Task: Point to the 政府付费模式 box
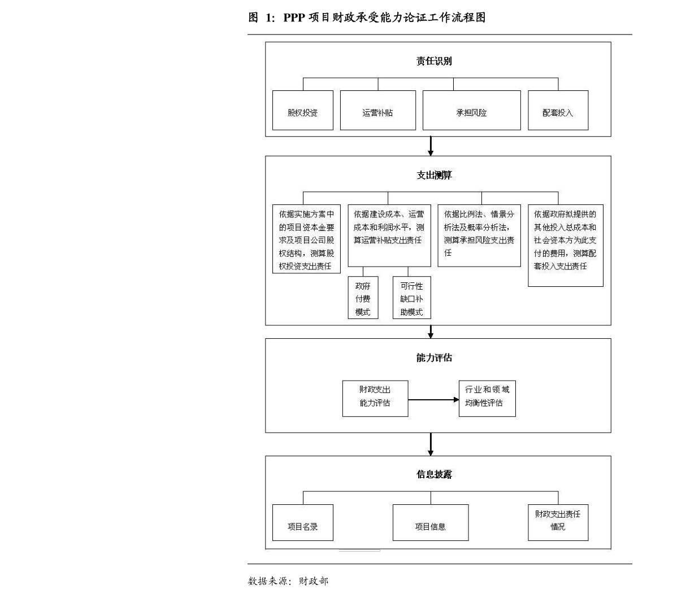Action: pos(363,296)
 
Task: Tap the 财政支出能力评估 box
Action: pos(375,399)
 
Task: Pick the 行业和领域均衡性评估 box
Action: pos(487,398)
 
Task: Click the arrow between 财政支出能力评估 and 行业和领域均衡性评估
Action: pos(433,399)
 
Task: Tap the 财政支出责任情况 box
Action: pos(558,522)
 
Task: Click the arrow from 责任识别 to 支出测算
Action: pos(431,146)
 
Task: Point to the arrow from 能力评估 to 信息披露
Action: pos(431,444)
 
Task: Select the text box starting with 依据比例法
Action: pos(479,235)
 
